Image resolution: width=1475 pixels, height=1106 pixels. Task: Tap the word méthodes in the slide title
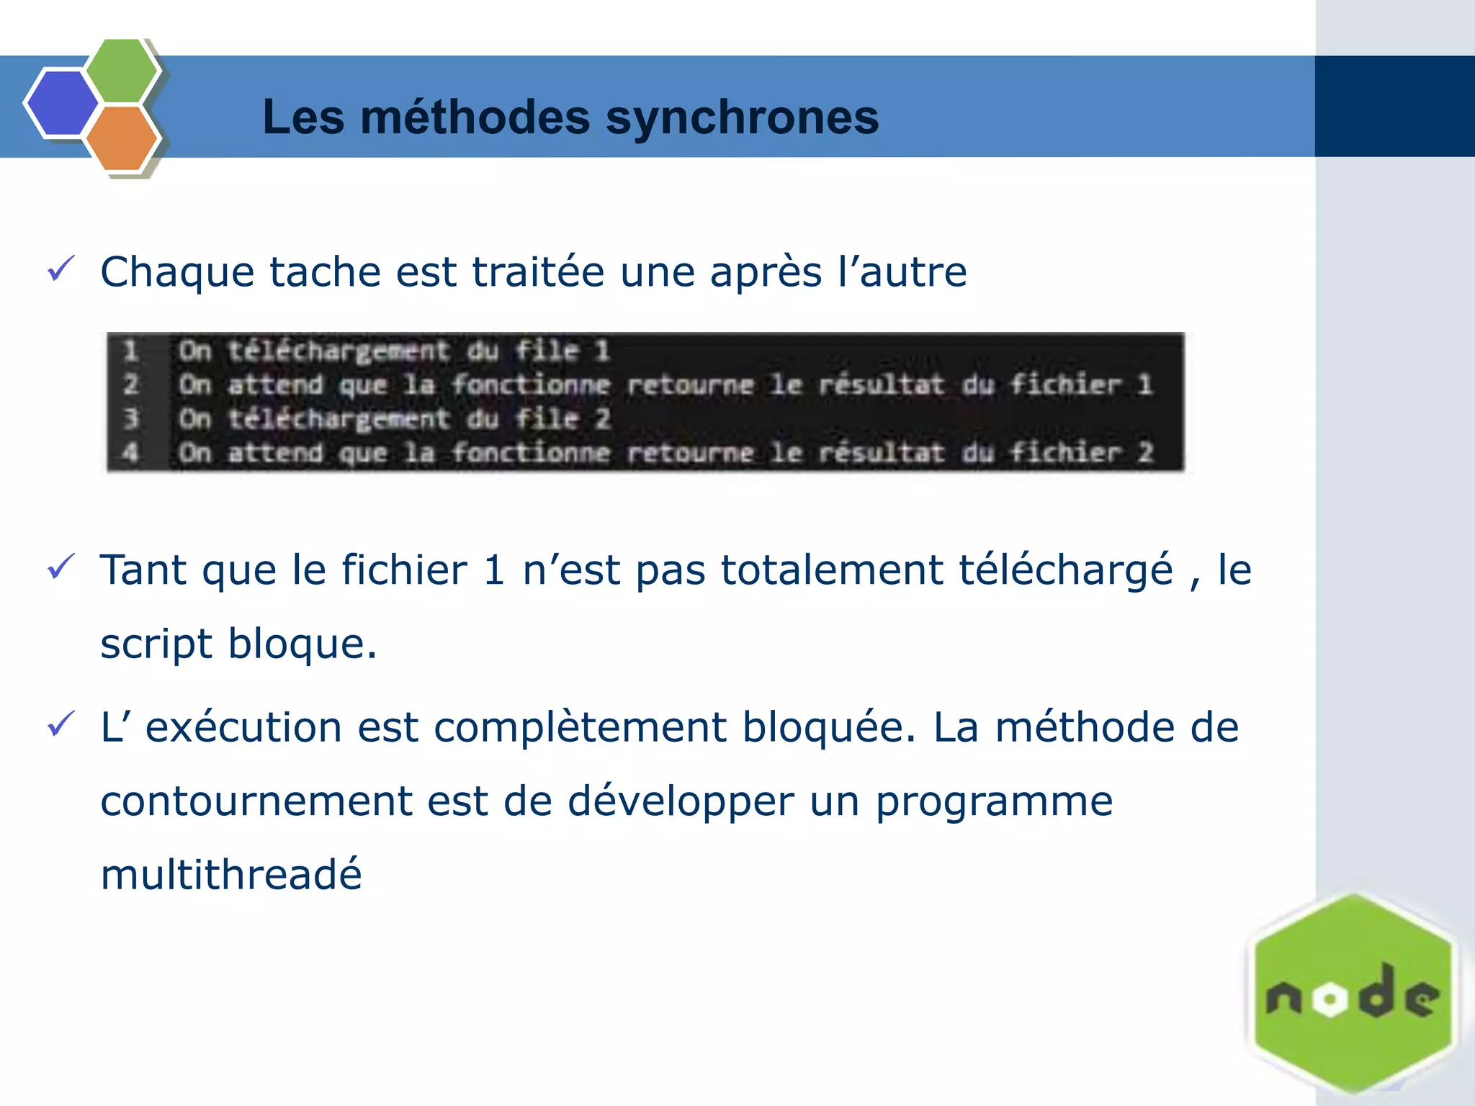click(475, 117)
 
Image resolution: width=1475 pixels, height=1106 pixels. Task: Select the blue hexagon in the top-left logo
click(62, 103)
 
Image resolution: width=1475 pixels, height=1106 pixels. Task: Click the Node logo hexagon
click(1353, 994)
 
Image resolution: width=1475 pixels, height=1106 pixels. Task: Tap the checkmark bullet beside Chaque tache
click(61, 270)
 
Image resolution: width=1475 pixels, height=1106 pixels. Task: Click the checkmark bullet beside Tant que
click(61, 567)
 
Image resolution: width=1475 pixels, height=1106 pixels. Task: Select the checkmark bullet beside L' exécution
click(61, 724)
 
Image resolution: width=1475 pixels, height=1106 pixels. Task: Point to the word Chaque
click(177, 273)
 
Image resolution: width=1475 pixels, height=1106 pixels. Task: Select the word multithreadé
click(231, 874)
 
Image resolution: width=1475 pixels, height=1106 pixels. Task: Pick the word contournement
click(256, 801)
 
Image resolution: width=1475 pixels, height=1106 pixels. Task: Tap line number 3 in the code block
click(130, 418)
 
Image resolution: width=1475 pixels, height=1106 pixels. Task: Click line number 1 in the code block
click(130, 351)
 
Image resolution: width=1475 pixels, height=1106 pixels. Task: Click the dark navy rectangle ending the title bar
click(1394, 107)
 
